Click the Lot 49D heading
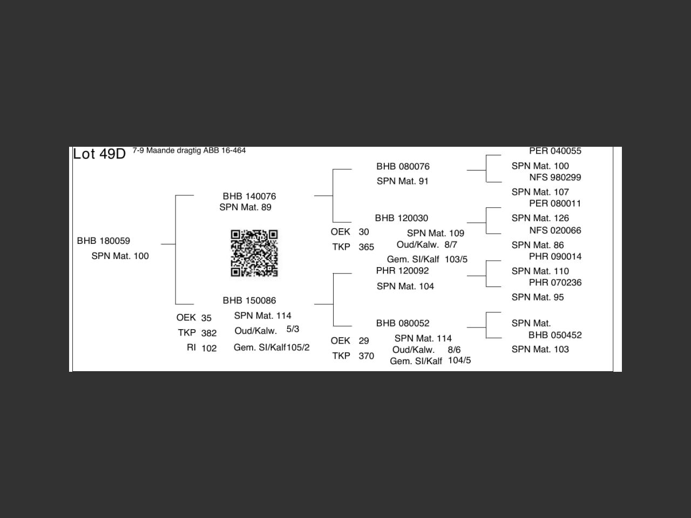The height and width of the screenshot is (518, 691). tap(99, 154)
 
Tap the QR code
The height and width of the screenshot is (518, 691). tap(254, 253)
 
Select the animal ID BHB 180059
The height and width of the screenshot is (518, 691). tap(104, 241)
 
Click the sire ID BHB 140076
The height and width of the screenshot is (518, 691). tap(249, 196)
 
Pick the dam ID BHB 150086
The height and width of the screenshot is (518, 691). tap(249, 300)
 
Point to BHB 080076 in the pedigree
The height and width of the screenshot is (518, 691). tap(403, 166)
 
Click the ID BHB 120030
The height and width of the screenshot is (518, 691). tap(402, 218)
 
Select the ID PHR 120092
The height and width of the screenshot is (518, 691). tap(403, 270)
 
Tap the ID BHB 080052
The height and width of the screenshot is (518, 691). tap(403, 323)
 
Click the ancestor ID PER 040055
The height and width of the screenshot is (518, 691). tap(555, 151)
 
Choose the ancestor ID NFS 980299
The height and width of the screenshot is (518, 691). tap(555, 177)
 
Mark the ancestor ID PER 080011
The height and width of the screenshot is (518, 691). tap(555, 203)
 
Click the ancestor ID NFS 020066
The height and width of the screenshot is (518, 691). tap(555, 230)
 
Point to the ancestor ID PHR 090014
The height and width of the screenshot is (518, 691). tap(555, 256)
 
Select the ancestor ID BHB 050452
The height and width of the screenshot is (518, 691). tap(555, 335)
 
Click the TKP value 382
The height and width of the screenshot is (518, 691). tap(209, 333)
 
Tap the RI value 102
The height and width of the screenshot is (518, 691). tap(209, 348)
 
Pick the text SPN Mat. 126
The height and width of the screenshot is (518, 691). tap(540, 218)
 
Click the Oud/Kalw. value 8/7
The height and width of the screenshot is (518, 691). tap(451, 244)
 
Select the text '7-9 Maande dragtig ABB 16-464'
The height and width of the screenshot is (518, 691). tap(189, 151)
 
